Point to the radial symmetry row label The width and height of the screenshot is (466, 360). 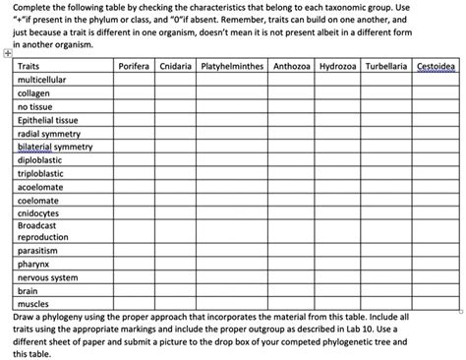click(49, 133)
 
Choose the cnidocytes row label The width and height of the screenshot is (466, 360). click(38, 212)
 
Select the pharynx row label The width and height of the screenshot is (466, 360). click(33, 264)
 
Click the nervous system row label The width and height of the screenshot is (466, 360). click(47, 277)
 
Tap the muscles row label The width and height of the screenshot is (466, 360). click(32, 304)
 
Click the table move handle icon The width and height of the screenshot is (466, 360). click(8, 56)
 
